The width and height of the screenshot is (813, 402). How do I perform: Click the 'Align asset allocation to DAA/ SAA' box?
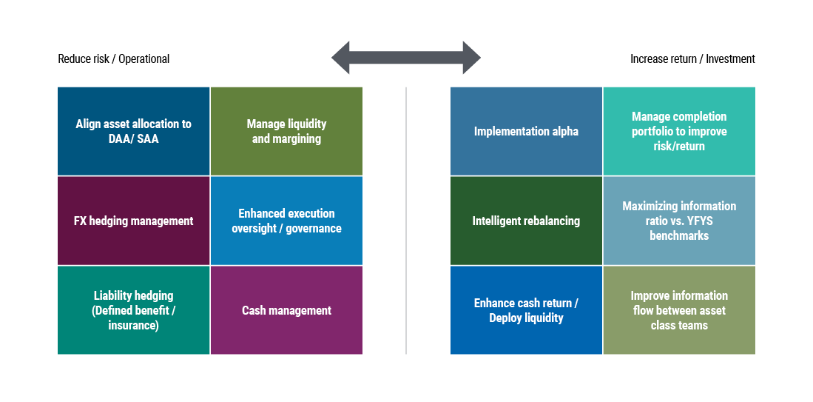point(133,131)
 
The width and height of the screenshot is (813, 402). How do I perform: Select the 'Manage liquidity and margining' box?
point(286,131)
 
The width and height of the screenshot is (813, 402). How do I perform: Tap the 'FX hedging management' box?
point(133,221)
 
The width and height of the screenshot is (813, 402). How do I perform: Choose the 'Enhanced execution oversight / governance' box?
point(286,221)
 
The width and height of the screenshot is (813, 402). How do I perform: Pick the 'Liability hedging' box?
point(133,310)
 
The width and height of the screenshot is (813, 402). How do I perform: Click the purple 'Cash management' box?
point(286,310)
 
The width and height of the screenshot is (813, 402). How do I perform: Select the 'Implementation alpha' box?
point(526,131)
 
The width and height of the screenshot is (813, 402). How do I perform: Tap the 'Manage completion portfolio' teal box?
point(679,131)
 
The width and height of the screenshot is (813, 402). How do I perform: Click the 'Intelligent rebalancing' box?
point(526,221)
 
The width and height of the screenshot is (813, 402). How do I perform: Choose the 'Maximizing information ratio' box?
point(679,221)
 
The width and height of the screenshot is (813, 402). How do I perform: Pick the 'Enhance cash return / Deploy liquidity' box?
point(526,310)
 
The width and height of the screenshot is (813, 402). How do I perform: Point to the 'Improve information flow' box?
point(679,310)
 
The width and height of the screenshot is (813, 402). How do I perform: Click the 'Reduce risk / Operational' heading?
point(113,58)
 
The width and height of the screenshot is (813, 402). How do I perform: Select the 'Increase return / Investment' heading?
point(692,58)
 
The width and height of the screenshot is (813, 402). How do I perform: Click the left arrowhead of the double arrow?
point(341,58)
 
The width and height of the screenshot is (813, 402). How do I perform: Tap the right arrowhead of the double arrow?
point(471,58)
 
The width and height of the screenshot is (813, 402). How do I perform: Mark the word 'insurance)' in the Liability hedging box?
point(133,325)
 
